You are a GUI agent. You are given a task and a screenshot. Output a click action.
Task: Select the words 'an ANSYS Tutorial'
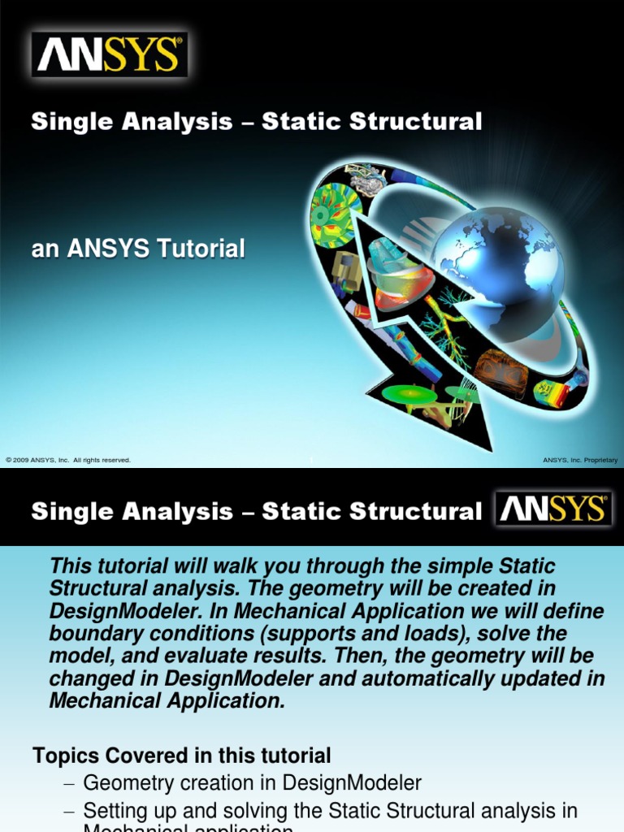click(138, 249)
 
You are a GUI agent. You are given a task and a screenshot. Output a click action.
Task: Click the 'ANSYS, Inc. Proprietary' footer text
click(579, 460)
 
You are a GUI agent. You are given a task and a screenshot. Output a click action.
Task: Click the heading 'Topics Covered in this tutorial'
click(182, 756)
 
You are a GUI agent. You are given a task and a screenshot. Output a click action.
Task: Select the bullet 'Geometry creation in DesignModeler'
click(253, 783)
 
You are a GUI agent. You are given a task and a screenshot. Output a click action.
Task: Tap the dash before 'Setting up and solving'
click(68, 811)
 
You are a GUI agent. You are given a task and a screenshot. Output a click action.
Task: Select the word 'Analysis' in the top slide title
click(184, 122)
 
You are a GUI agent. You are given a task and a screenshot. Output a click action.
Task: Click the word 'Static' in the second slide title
click(305, 511)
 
